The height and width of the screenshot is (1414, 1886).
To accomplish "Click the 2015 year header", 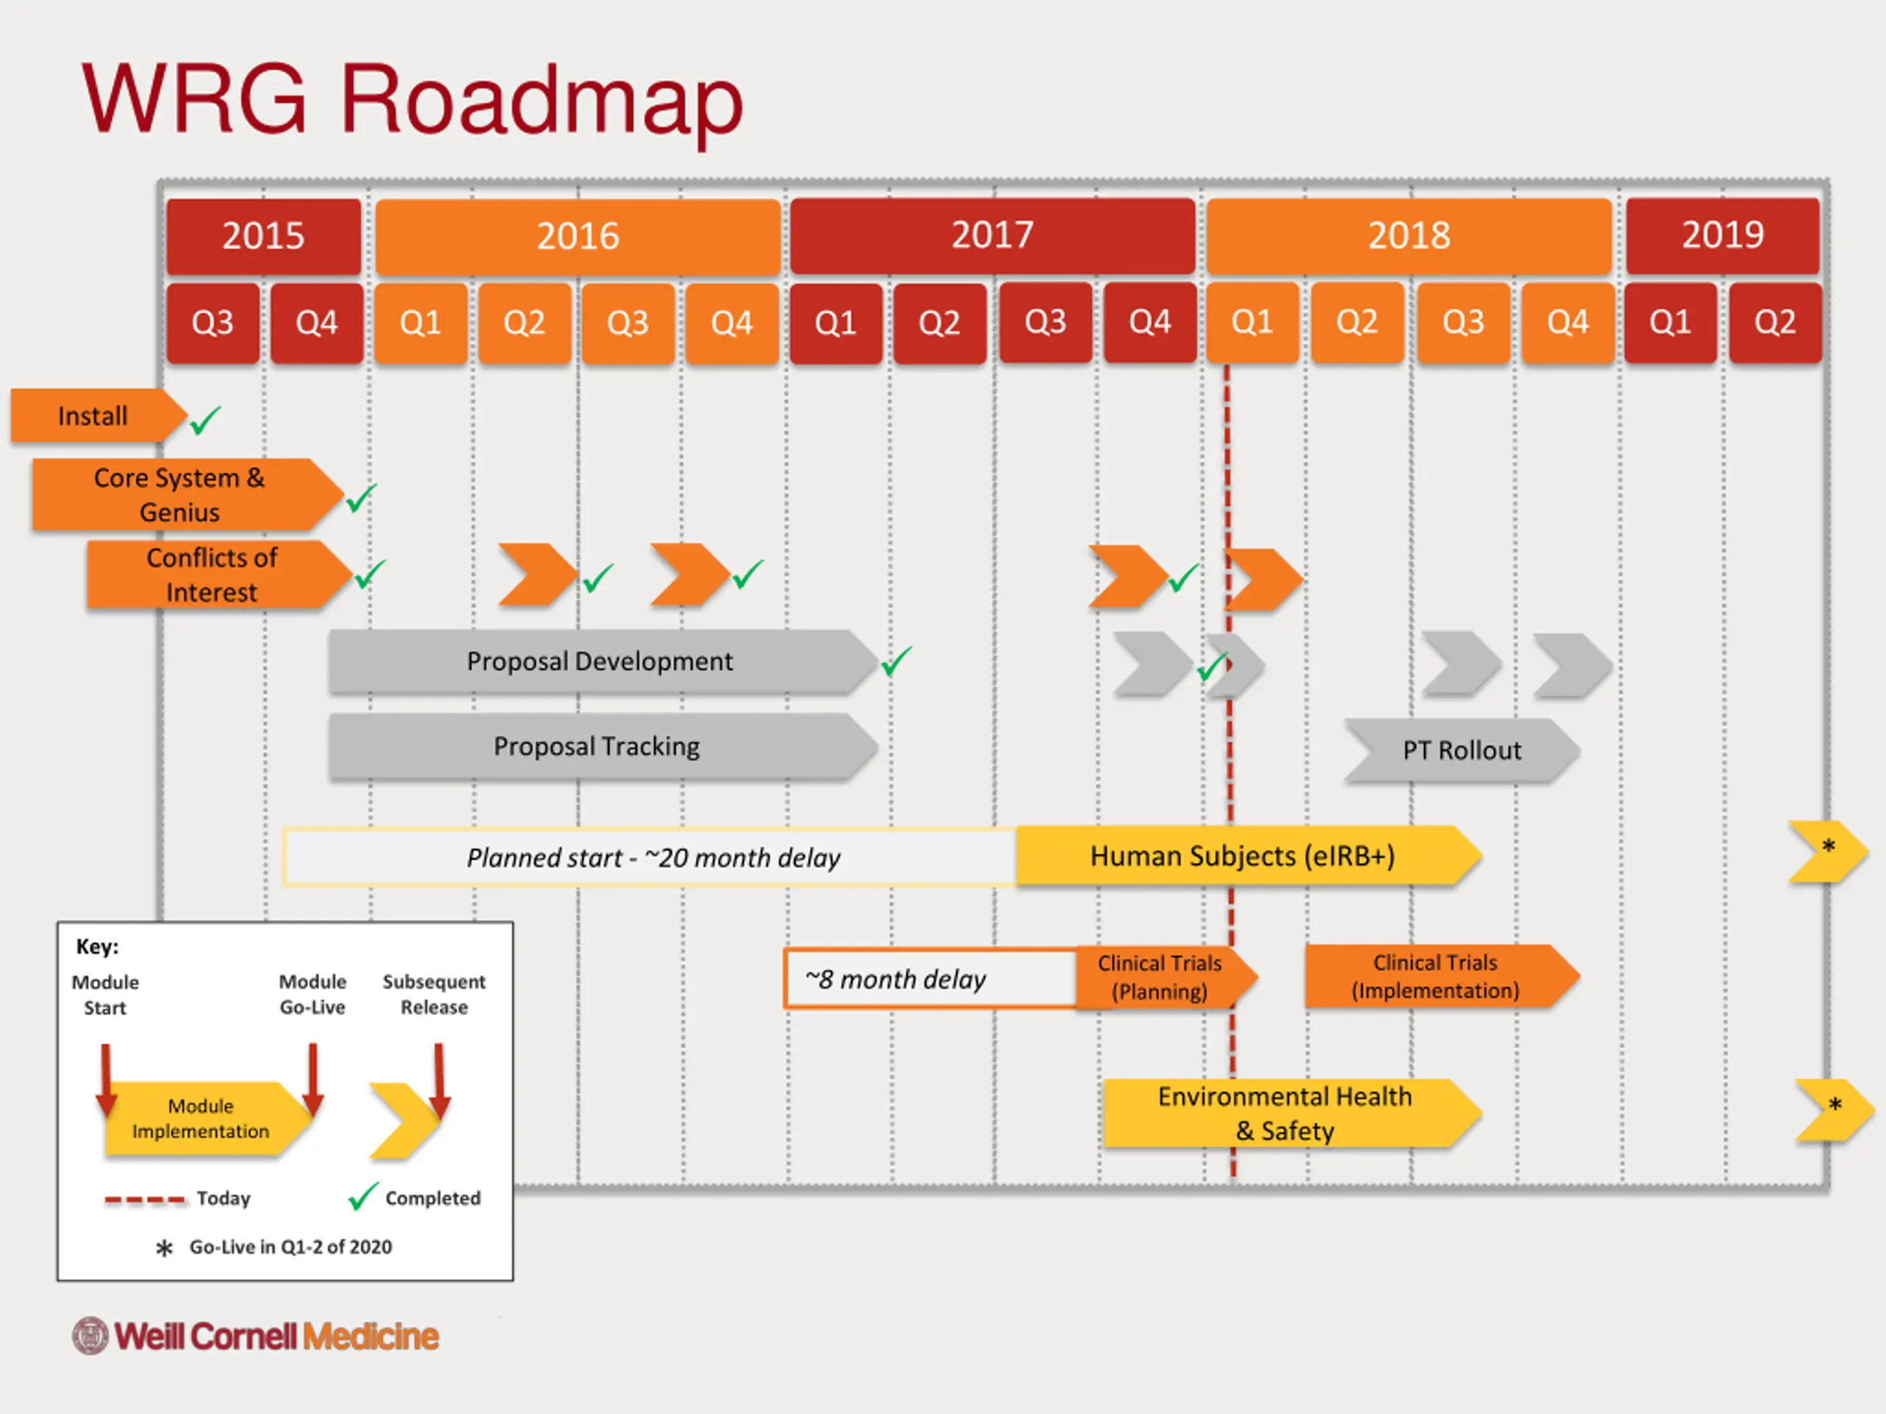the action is click(264, 236).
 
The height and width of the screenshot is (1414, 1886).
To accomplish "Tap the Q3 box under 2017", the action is click(1045, 322).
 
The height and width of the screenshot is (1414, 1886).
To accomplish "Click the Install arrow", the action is click(98, 416).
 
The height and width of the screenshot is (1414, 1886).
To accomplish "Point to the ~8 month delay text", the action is click(895, 979).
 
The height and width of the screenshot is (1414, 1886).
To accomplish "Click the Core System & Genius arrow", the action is click(188, 495).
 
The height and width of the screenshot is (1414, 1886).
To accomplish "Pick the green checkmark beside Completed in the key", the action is click(363, 1196).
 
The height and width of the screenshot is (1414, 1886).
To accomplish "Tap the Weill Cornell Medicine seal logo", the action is click(91, 1336).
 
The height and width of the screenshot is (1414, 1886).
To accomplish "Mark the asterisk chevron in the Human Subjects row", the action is click(1828, 851).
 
